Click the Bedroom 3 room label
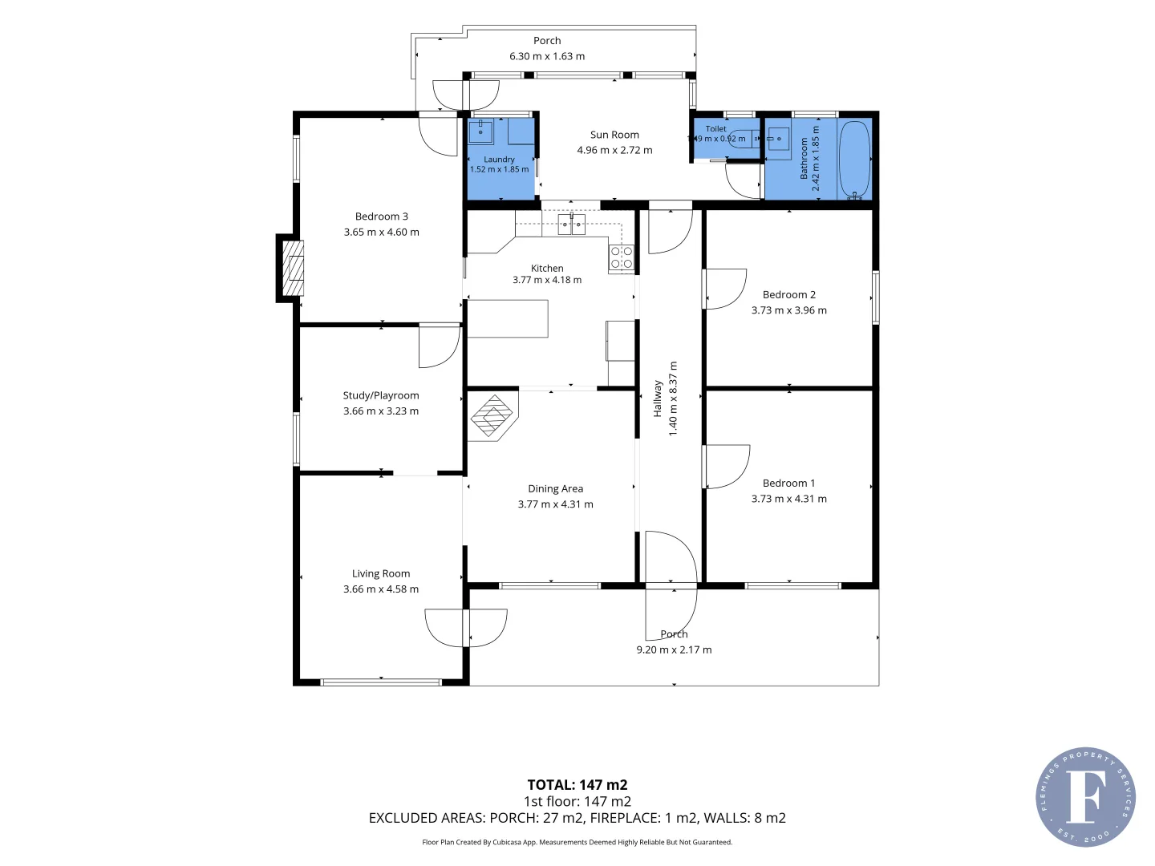(381, 216)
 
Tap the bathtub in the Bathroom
(853, 160)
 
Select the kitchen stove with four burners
(621, 257)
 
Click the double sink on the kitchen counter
(571, 225)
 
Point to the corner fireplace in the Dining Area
(491, 417)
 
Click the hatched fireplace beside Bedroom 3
(293, 268)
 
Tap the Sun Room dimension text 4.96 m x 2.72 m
(614, 151)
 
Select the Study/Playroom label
(381, 395)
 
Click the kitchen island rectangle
(508, 318)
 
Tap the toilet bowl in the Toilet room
(743, 138)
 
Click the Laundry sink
(480, 132)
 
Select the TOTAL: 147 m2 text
(577, 785)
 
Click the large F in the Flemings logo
(1084, 796)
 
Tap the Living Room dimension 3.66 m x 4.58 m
(381, 589)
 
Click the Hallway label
(657, 399)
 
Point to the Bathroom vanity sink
(778, 140)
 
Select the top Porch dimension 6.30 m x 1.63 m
(547, 56)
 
